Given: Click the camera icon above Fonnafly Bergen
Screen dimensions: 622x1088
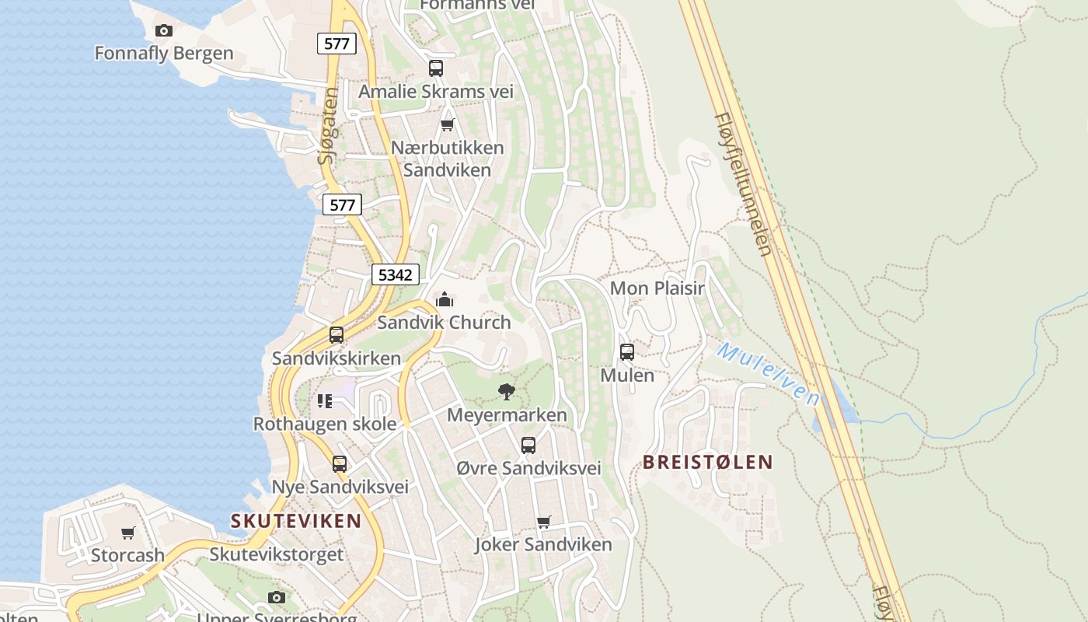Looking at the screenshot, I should pos(163,30).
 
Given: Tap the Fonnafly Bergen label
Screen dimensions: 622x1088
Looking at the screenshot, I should pos(164,54).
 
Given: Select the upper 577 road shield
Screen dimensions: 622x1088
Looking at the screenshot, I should pos(337,44).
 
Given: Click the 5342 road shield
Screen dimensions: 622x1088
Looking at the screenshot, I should pos(396,274).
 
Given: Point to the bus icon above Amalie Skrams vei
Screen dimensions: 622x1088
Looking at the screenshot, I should pos(436,68).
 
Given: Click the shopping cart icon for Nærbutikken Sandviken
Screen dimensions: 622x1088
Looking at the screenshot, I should pos(447,124).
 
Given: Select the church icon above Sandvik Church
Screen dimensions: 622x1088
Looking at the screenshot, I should pos(445,299).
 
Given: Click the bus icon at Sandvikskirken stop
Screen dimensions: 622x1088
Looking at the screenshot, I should pos(337,335).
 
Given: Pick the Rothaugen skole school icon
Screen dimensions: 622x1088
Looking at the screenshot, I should pos(325,401).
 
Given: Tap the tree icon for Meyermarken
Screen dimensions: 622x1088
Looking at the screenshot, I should pos(507,391).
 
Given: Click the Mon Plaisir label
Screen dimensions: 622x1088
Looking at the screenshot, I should pos(657,288).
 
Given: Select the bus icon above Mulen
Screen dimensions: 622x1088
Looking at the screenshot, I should pos(627,352).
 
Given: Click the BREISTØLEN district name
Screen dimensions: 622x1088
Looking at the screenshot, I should pos(707,462).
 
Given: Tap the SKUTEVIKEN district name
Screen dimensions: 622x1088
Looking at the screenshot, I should pos(296,521).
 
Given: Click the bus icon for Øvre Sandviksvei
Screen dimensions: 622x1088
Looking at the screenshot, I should pos(528,446).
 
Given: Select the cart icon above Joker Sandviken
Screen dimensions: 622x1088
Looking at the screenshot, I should pos(544,522).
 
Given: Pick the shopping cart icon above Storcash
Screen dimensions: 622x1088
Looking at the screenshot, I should pos(128,533).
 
